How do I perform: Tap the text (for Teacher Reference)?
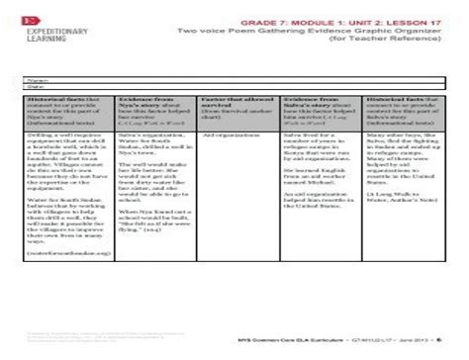[400, 42]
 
